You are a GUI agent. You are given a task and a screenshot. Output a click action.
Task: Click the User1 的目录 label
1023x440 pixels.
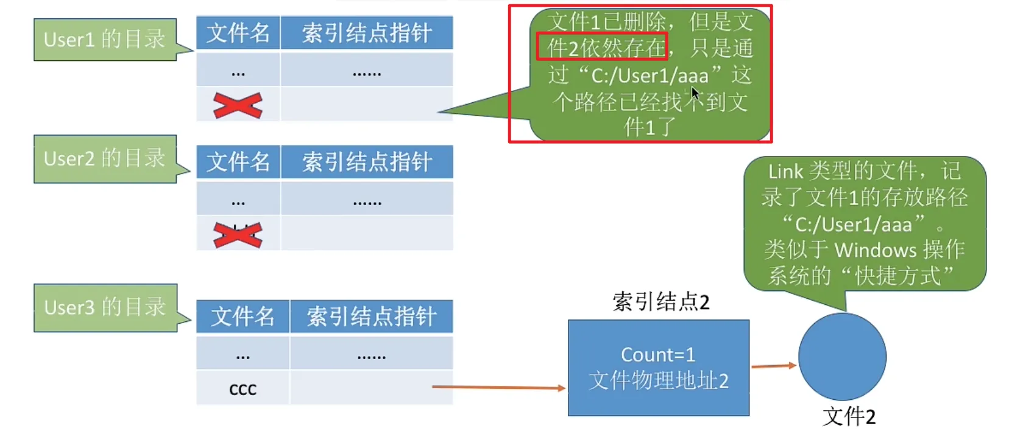104,40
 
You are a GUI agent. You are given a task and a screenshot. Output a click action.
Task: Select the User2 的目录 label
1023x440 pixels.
104,158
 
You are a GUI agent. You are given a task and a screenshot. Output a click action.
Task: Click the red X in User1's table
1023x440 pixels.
238,105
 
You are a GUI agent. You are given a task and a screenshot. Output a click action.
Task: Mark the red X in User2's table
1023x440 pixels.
238,234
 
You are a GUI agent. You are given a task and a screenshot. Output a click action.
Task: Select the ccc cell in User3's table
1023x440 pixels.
242,388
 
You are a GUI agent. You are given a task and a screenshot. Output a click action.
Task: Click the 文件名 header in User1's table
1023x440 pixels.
238,33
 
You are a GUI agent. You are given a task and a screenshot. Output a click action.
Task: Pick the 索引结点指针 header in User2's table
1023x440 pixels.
367,162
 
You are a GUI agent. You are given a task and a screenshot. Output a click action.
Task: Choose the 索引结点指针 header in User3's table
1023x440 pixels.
371,316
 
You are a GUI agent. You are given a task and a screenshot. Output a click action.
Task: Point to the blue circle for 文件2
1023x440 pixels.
842,357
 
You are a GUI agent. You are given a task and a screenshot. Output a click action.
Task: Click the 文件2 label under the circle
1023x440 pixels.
849,416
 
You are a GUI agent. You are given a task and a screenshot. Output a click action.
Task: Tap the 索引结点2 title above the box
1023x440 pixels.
660,302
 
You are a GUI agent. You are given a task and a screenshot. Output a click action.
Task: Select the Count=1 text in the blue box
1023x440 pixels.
658,354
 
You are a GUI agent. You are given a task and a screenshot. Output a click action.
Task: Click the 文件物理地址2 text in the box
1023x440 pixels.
659,381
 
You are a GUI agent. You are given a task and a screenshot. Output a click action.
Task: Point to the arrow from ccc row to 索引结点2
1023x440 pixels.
498,387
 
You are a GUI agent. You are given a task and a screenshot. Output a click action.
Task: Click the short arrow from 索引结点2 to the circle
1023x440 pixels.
774,366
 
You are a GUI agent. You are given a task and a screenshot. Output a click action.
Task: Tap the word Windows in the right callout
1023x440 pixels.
875,250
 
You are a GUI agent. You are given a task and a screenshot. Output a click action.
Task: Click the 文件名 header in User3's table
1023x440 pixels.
242,316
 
